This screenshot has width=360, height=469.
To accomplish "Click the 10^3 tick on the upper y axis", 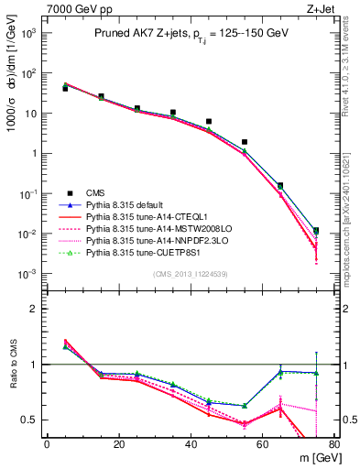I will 29,33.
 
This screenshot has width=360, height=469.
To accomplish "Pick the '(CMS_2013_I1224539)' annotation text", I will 191,273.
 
